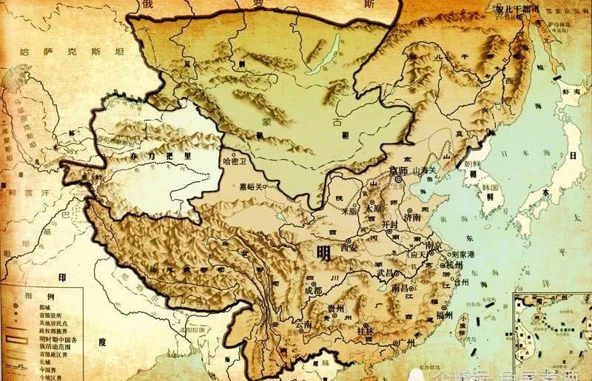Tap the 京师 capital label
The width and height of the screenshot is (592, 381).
tap(399, 169)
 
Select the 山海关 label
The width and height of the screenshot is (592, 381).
tap(428, 170)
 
